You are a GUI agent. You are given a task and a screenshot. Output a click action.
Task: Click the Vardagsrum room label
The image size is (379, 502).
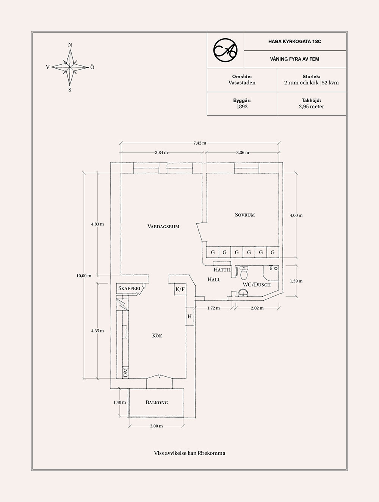click(x=163, y=227)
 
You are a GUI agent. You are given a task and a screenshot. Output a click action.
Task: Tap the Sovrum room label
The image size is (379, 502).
click(x=245, y=215)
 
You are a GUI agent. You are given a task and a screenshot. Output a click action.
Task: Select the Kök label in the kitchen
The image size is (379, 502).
click(x=157, y=336)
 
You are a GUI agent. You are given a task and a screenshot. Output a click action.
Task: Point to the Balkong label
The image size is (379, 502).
click(x=157, y=402)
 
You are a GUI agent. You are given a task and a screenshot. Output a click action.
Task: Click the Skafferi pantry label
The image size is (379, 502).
click(x=129, y=288)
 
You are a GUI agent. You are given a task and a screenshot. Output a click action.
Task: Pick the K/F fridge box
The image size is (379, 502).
click(x=180, y=290)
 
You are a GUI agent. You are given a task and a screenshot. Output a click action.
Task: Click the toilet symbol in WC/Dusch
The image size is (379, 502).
click(x=244, y=272)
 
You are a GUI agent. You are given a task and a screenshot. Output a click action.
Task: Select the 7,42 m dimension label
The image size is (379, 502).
click(x=200, y=143)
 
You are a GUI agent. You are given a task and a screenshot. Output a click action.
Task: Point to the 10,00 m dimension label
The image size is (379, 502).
click(x=84, y=276)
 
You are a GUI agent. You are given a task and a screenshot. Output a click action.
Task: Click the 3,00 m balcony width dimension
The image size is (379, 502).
click(x=156, y=426)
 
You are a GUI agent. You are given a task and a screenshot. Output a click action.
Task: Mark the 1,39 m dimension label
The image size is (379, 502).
click(x=296, y=281)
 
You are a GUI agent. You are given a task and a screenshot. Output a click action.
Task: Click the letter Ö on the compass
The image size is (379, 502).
click(x=92, y=67)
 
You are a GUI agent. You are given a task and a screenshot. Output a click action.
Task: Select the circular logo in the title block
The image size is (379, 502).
click(x=225, y=50)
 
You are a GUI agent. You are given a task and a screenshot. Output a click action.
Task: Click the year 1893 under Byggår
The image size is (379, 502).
click(x=242, y=107)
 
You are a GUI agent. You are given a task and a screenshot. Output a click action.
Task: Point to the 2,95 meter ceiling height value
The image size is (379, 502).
click(x=311, y=107)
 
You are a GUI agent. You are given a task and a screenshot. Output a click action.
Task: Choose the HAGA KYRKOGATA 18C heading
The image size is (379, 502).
click(x=294, y=42)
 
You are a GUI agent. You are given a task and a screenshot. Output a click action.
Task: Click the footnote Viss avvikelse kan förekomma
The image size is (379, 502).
click(x=189, y=453)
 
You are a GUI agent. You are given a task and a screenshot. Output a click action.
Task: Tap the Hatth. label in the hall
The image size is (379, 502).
click(x=222, y=270)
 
